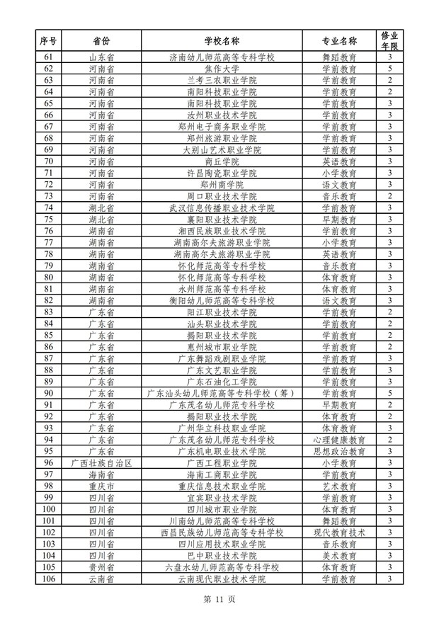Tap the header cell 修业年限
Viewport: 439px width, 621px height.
(x=389, y=40)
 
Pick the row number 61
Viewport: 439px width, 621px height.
(x=49, y=57)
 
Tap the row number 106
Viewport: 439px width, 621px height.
(x=49, y=579)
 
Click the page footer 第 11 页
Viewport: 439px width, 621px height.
(x=219, y=599)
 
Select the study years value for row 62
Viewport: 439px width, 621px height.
(x=389, y=69)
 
